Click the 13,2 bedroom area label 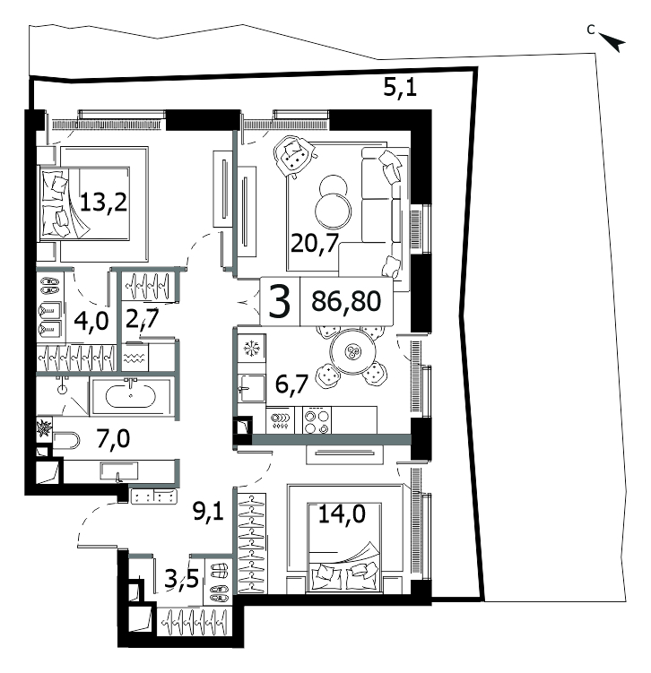pyautogui.click(x=103, y=203)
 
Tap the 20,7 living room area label pyautogui.click(x=316, y=244)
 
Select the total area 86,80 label pyautogui.click(x=346, y=301)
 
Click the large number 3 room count pyautogui.click(x=280, y=301)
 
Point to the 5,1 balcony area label pyautogui.click(x=400, y=89)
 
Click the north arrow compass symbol pyautogui.click(x=612, y=42)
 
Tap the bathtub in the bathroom pyautogui.click(x=131, y=396)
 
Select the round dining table pyautogui.click(x=352, y=352)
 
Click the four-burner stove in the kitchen pyautogui.click(x=317, y=420)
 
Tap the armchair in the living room pyautogui.click(x=295, y=156)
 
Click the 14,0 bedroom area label pyautogui.click(x=342, y=513)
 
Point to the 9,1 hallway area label pyautogui.click(x=209, y=512)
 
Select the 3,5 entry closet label pyautogui.click(x=182, y=579)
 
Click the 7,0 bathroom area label pyautogui.click(x=113, y=439)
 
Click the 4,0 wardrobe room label pyautogui.click(x=91, y=321)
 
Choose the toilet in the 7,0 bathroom pyautogui.click(x=66, y=441)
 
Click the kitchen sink pyautogui.click(x=252, y=388)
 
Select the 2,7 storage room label pyautogui.click(x=143, y=320)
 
